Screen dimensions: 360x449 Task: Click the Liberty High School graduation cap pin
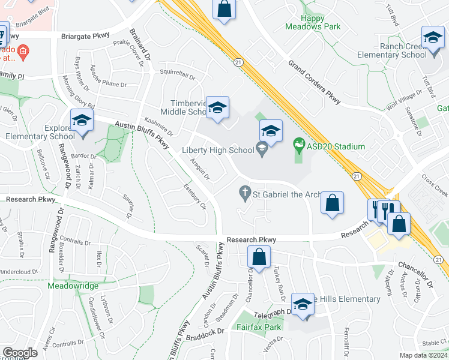click(271, 131)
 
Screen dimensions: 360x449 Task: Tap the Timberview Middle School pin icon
click(217, 107)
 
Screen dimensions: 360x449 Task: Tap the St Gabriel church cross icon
click(244, 193)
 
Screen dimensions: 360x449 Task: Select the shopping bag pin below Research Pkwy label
click(259, 257)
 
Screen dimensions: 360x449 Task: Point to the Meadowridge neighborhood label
click(73, 286)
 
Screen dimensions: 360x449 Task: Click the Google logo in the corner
click(20, 353)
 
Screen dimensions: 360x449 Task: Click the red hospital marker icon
click(23, 51)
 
